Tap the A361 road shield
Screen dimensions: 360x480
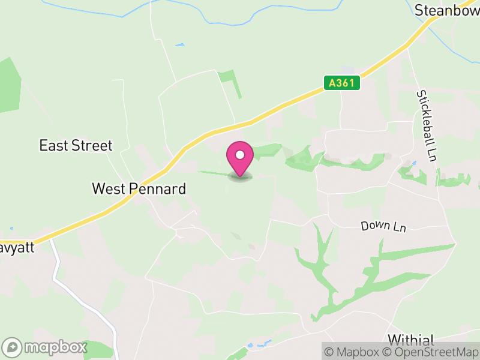coord(343,83)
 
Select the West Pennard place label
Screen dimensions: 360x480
coord(139,188)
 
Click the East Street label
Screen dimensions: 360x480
coord(76,145)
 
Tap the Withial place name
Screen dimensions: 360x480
coord(411,340)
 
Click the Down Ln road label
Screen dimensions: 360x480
coord(384,226)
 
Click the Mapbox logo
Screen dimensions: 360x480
coord(45,347)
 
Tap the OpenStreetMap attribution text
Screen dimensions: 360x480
coord(430,352)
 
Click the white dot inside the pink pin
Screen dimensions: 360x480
coord(240,155)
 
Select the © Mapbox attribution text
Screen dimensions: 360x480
coord(353,352)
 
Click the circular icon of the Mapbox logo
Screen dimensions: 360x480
coord(13,347)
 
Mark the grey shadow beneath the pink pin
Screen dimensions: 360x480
coord(240,178)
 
